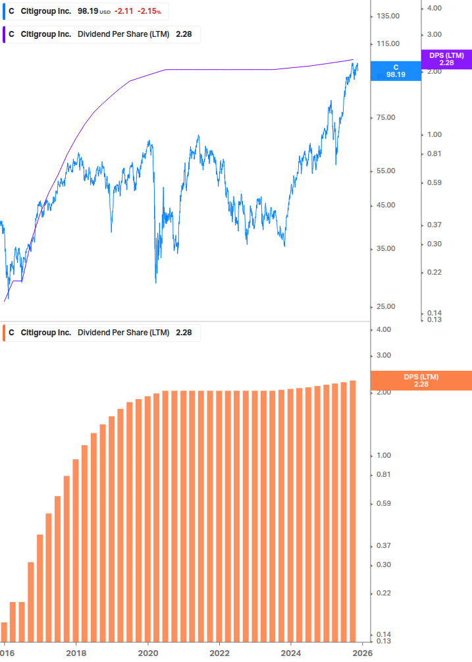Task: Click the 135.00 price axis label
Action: coord(388,16)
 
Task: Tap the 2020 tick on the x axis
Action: coord(148,652)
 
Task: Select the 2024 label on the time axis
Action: coord(291,652)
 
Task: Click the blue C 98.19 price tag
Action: coord(396,71)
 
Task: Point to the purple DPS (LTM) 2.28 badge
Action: coord(446,59)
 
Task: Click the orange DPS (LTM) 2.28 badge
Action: coord(421,381)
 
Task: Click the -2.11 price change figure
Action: coord(124,12)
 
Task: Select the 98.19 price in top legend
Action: coord(88,12)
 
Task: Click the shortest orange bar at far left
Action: coord(4,631)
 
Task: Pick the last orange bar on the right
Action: coord(353,510)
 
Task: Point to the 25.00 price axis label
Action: coord(388,306)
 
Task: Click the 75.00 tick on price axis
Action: coord(388,117)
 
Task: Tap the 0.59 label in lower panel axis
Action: coord(384,504)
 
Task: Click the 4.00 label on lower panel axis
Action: coord(384,329)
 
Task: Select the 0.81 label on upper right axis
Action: coord(434,153)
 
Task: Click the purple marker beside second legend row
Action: coord(5,34)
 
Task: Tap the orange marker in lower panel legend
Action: coord(5,333)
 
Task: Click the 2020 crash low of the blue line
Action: coord(156,283)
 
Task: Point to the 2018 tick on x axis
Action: coord(76,652)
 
